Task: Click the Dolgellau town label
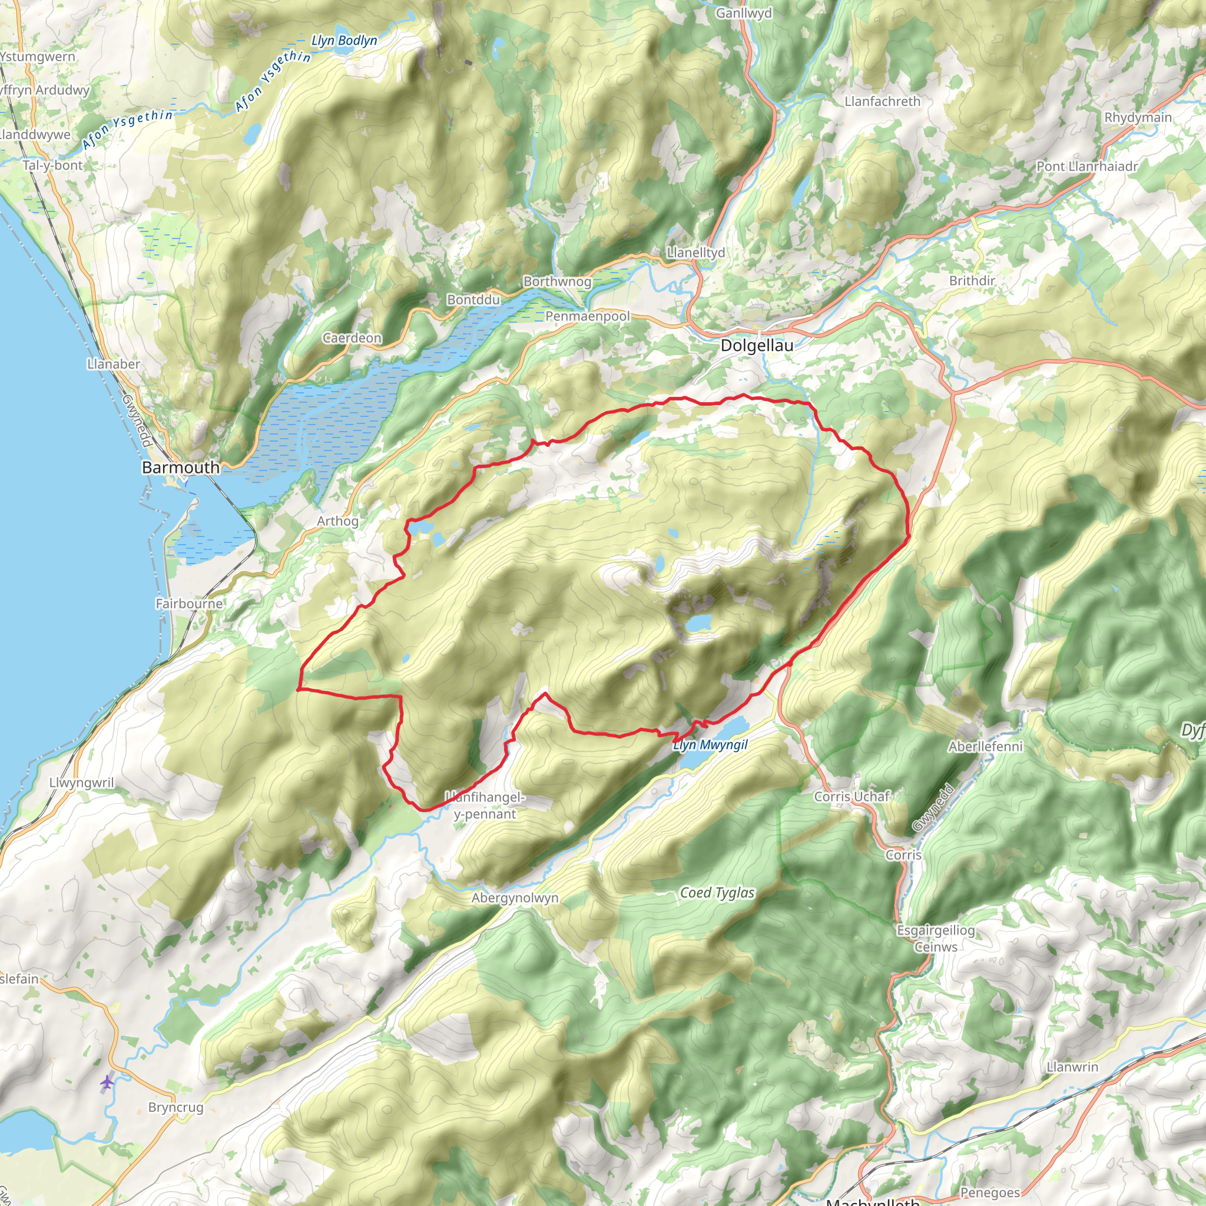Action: tap(757, 345)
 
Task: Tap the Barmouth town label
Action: tap(180, 467)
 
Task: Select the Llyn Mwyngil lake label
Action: tap(710, 745)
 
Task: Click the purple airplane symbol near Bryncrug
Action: tap(107, 1082)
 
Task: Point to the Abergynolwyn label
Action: tap(515, 897)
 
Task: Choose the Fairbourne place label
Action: tap(188, 604)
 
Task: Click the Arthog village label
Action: tap(337, 521)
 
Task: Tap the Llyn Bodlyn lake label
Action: tap(344, 41)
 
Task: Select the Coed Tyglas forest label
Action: tap(717, 893)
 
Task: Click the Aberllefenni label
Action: tap(986, 747)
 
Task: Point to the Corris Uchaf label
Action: tap(852, 797)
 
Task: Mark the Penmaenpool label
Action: tap(587, 316)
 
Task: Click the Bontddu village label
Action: tap(473, 300)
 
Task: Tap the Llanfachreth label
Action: tap(882, 101)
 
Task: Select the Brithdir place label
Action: tap(972, 281)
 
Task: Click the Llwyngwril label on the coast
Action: tap(82, 783)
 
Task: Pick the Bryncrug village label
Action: tap(175, 1108)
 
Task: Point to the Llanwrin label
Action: tap(1072, 1067)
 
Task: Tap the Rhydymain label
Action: tap(1138, 117)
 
